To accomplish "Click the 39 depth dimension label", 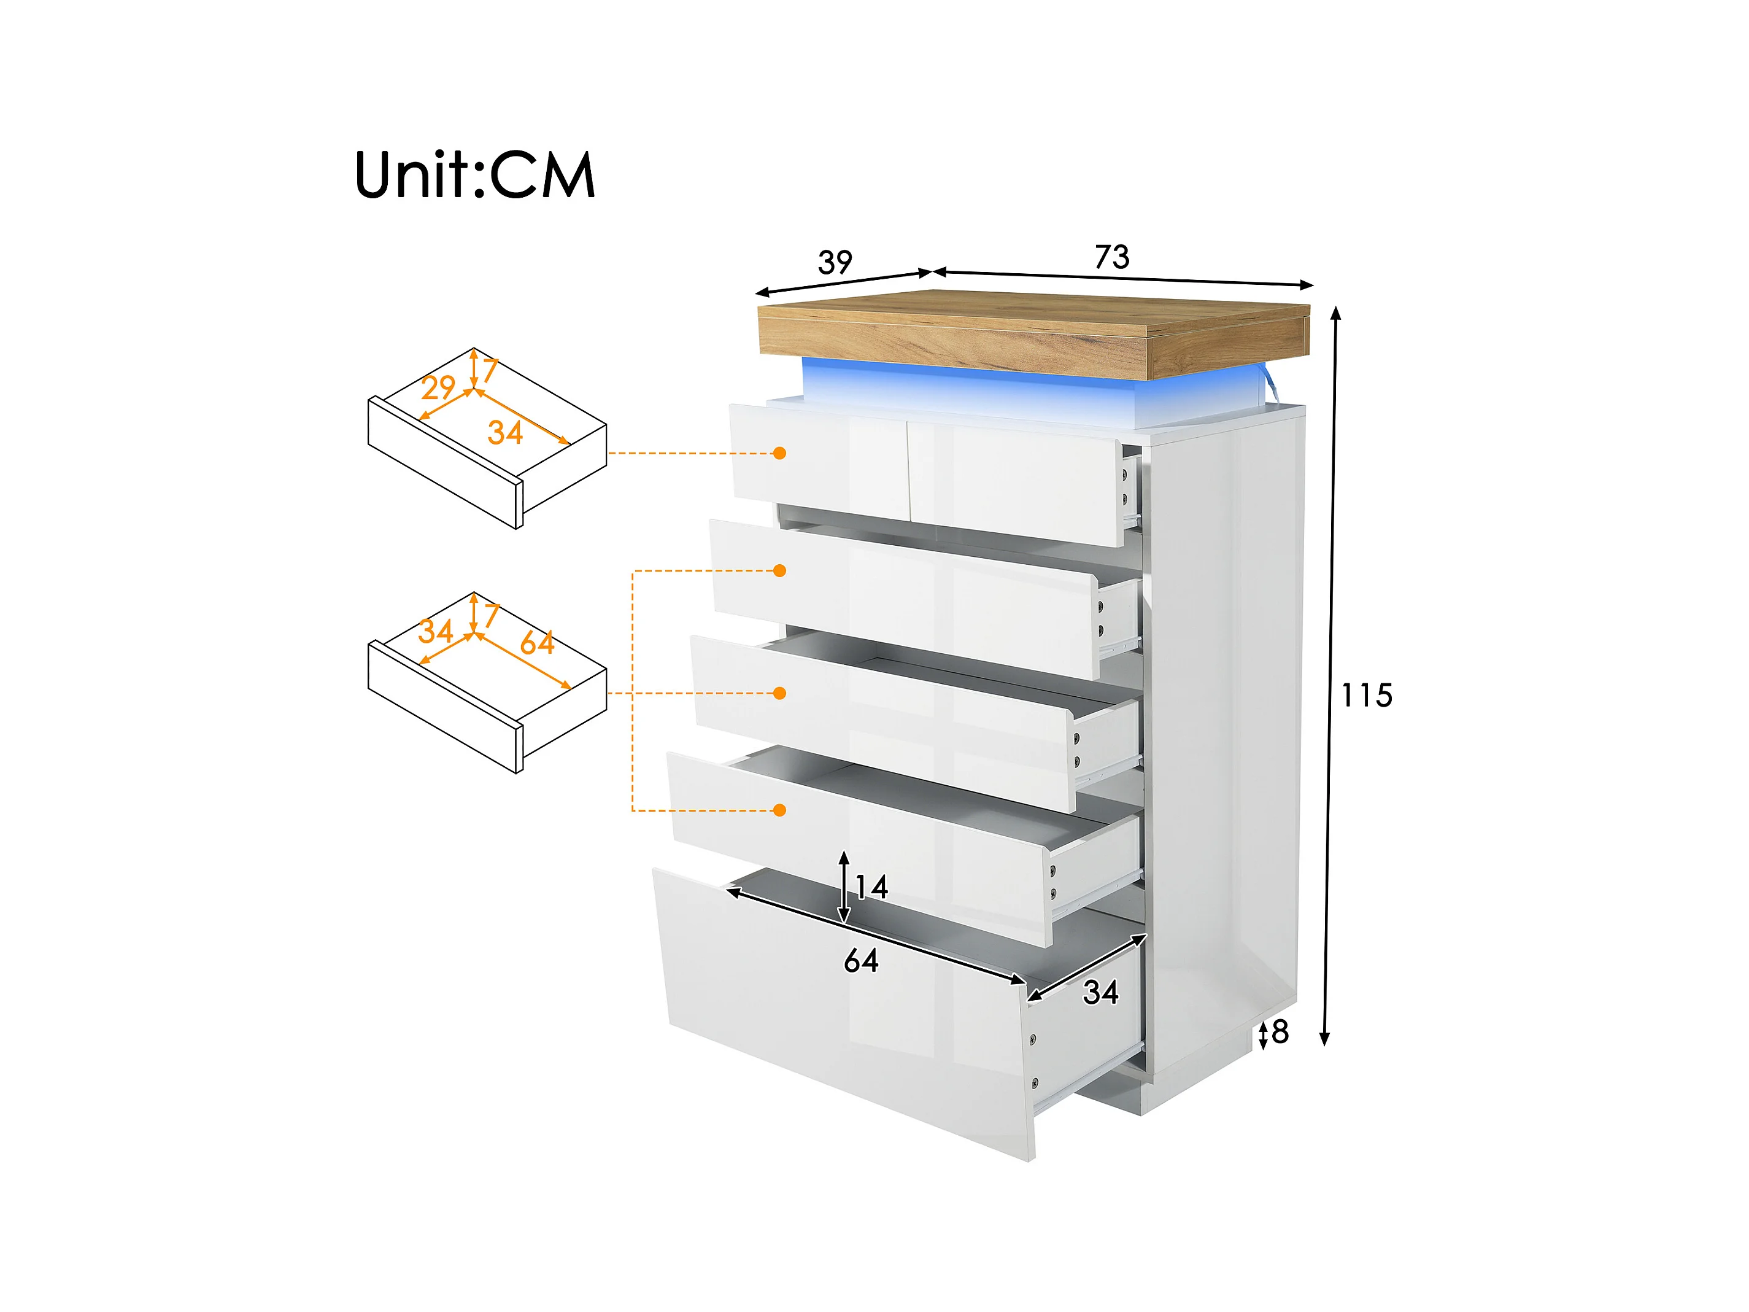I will pyautogui.click(x=835, y=262).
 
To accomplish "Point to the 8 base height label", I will pyautogui.click(x=1280, y=1032).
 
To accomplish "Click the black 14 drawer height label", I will pyautogui.click(x=872, y=887).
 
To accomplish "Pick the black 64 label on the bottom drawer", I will pyautogui.click(x=861, y=961).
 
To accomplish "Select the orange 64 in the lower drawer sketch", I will pyautogui.click(x=537, y=643).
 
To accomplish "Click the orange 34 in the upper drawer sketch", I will pyautogui.click(x=505, y=433).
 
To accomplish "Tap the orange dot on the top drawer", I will pyautogui.click(x=779, y=453).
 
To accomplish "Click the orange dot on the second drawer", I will pyautogui.click(x=779, y=570).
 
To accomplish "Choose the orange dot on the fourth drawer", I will pyautogui.click(x=779, y=810).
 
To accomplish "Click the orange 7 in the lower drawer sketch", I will pyautogui.click(x=491, y=615).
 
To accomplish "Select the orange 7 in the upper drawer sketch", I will pyautogui.click(x=490, y=370).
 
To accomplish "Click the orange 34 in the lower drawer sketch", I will pyautogui.click(x=436, y=631).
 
